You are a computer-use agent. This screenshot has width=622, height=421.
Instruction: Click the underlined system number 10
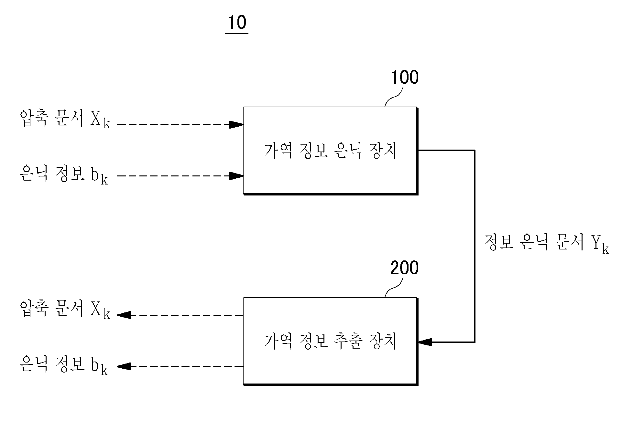click(x=237, y=23)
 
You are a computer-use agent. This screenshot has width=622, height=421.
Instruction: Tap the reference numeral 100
click(x=405, y=78)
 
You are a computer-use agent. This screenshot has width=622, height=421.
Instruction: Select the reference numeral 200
click(x=404, y=268)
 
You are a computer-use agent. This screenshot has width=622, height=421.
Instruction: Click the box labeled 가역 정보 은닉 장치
click(x=331, y=151)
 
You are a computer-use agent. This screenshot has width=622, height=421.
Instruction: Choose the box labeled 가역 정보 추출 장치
click(x=331, y=341)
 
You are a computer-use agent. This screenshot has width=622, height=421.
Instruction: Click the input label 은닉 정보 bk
click(x=64, y=174)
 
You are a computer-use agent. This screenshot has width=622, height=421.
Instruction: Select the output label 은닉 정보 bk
click(x=64, y=365)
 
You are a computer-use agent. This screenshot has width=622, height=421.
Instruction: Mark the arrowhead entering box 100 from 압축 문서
click(x=236, y=124)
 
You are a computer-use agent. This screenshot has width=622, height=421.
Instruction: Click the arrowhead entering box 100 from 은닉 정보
click(x=236, y=176)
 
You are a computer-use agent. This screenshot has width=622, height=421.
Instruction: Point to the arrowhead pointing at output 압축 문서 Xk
click(x=124, y=315)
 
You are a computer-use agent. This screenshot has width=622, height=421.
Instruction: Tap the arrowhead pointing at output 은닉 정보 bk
click(x=124, y=366)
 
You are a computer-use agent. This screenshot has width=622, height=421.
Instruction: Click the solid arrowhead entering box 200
click(x=425, y=342)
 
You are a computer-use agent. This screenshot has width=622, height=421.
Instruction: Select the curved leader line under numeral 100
click(x=394, y=97)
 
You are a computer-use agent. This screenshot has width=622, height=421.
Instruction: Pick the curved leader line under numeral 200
click(x=394, y=288)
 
